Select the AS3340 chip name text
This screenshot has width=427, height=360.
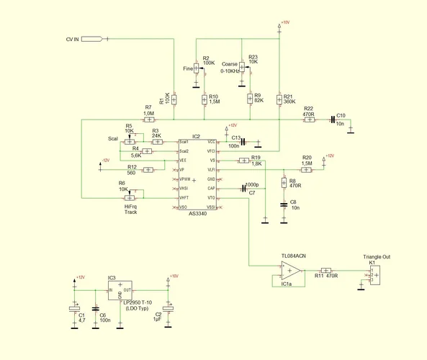(199, 214)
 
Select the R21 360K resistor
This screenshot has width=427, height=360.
(279, 98)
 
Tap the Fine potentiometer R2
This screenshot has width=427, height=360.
(197, 68)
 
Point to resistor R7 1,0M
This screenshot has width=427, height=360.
(148, 119)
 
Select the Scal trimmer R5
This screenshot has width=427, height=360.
(130, 142)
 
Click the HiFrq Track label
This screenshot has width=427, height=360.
(130, 210)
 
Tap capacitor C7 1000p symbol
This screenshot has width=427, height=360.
(243, 189)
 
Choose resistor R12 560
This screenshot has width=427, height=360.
(148, 170)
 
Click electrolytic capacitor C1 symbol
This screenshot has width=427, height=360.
(73, 307)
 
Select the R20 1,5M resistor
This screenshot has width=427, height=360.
(306, 170)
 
